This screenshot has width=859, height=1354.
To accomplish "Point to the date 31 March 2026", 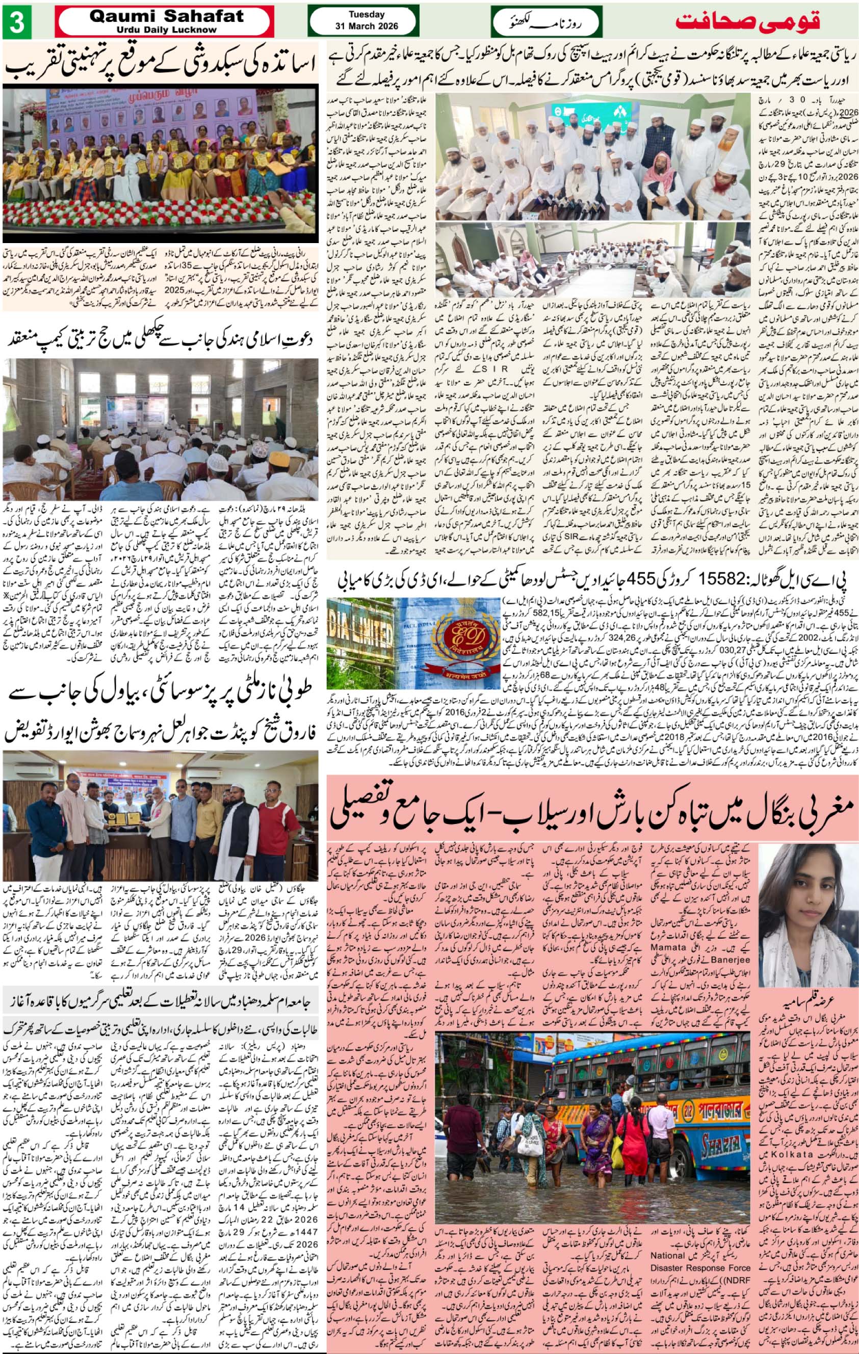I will coord(366,27).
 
